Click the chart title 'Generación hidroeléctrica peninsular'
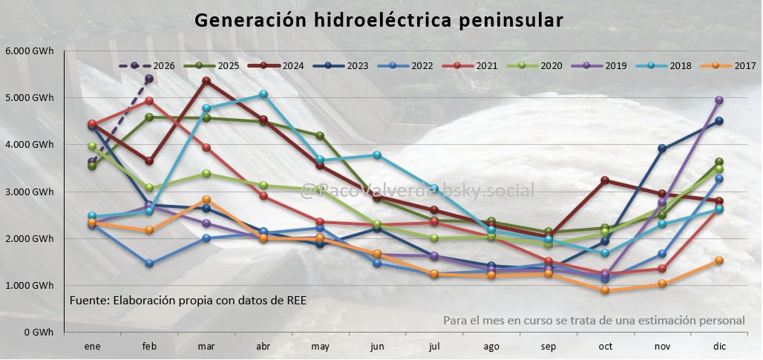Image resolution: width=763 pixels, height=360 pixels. [379, 20]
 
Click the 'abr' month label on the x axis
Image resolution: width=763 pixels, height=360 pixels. [263, 347]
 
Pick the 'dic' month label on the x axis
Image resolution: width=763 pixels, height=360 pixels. [718, 347]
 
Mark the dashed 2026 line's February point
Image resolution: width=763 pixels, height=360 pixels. [149, 79]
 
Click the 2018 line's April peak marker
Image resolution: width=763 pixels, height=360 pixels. [263, 94]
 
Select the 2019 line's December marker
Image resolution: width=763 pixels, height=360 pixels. [718, 99]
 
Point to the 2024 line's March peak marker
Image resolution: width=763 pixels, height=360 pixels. [206, 81]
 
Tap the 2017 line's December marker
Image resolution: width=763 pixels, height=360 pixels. [718, 261]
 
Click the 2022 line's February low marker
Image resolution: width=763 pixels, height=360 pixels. [149, 263]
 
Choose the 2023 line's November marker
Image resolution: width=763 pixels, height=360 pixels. [661, 148]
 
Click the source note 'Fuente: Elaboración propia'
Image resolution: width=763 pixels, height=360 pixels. [188, 301]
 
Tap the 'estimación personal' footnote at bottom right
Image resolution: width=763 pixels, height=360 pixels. [594, 321]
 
